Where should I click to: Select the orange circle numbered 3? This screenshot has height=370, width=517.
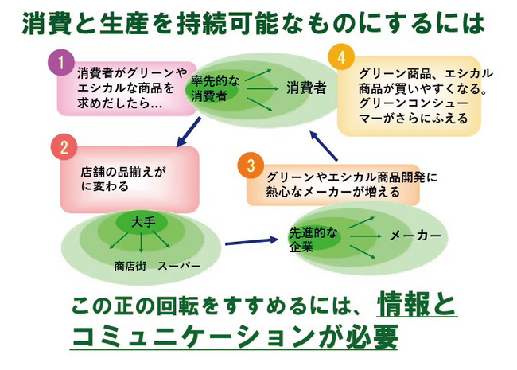pyautogui.click(x=250, y=166)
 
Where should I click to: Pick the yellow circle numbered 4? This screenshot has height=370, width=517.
pyautogui.click(x=341, y=58)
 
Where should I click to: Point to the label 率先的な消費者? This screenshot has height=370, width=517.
pyautogui.click(x=210, y=88)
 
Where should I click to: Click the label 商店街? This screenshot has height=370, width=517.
pyautogui.click(x=130, y=265)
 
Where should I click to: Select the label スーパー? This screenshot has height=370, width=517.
pyautogui.click(x=179, y=265)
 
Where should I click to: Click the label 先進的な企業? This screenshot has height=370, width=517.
pyautogui.click(x=313, y=239)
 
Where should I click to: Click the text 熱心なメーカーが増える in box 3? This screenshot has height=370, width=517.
pyautogui.click(x=332, y=191)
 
